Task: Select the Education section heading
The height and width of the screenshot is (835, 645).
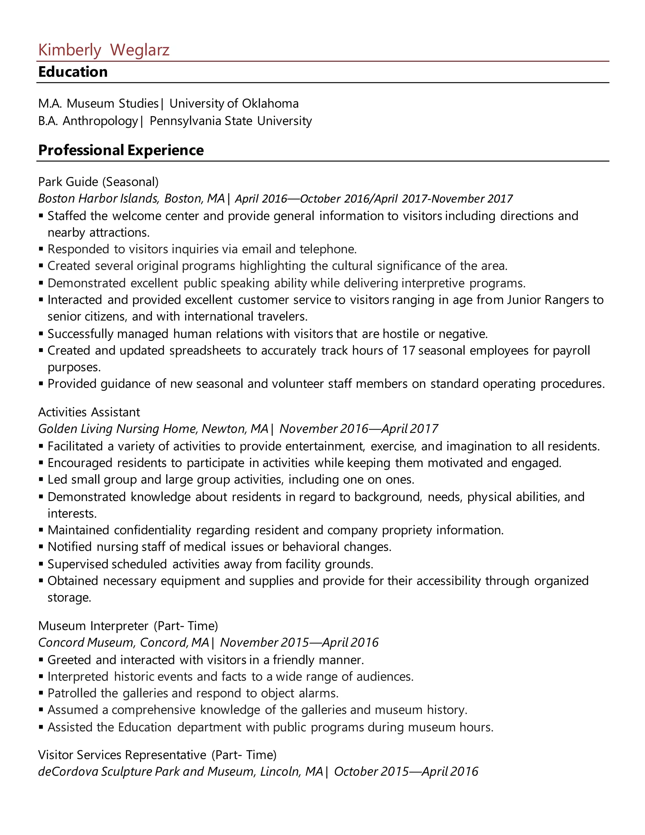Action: click(x=73, y=72)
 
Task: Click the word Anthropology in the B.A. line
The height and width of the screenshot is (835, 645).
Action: click(x=100, y=121)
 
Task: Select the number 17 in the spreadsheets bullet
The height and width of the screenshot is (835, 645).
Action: click(x=408, y=351)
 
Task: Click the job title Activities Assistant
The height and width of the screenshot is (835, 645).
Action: click(x=89, y=412)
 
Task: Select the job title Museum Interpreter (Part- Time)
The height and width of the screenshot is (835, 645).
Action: click(x=128, y=626)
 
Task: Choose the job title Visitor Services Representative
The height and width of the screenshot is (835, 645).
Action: click(x=122, y=755)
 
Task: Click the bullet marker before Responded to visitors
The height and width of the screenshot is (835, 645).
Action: click(x=41, y=249)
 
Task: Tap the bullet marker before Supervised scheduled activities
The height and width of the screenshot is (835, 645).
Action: click(x=41, y=564)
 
